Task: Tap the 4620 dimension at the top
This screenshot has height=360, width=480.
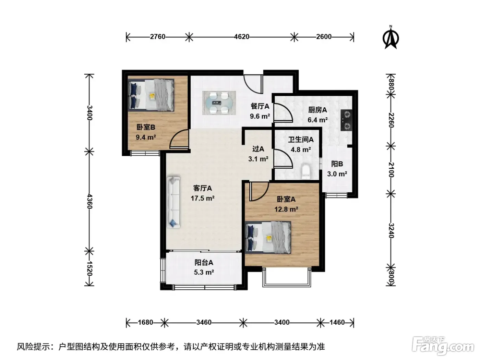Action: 242,36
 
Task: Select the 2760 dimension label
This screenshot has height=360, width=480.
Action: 157,36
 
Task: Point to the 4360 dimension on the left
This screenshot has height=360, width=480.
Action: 89,201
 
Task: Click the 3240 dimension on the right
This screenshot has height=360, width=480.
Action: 391,230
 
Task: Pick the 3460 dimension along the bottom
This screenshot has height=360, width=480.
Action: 204,322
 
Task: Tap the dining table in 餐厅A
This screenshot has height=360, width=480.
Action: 219,103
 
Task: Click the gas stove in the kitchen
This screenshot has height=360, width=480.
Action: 346,120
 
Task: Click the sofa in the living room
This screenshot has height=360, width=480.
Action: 173,202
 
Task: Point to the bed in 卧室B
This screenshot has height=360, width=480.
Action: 151,95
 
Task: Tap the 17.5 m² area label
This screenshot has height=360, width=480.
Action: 203,198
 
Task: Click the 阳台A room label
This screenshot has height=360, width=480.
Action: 204,262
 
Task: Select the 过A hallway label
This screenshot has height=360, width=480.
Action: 258,149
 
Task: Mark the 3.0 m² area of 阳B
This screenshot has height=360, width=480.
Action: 337,174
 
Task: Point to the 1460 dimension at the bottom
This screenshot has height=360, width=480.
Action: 337,322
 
